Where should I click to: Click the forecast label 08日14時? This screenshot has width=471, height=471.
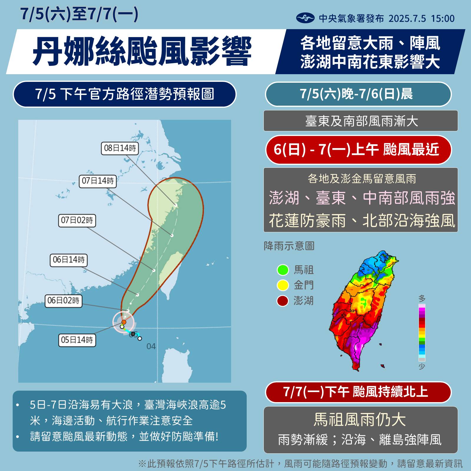click(x=120, y=148)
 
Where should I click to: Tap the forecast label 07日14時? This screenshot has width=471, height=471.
click(x=98, y=181)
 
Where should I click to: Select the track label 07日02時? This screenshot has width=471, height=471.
click(x=77, y=220)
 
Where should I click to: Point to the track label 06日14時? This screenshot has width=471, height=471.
click(x=69, y=260)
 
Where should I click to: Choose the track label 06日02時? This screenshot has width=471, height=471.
click(x=63, y=301)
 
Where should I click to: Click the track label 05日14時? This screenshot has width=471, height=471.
click(x=77, y=340)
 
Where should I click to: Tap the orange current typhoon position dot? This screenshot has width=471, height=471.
click(x=124, y=322)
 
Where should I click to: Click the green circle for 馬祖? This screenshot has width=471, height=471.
click(x=283, y=270)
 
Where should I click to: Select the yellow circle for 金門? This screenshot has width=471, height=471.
click(x=283, y=285)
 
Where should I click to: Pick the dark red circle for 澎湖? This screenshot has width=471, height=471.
click(x=283, y=301)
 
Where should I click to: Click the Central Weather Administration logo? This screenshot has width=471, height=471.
click(x=305, y=18)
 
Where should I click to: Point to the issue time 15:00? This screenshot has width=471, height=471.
click(x=443, y=19)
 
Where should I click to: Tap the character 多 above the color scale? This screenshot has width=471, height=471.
click(x=422, y=298)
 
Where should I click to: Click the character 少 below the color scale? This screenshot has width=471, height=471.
click(x=422, y=366)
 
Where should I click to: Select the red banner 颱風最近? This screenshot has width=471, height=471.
click(x=358, y=150)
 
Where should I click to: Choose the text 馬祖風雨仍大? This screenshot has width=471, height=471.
click(x=360, y=419)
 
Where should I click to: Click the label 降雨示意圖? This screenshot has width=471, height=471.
click(x=289, y=246)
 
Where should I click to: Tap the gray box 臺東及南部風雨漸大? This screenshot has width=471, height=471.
click(x=360, y=121)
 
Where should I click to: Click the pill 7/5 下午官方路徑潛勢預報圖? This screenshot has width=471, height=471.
click(x=125, y=94)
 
